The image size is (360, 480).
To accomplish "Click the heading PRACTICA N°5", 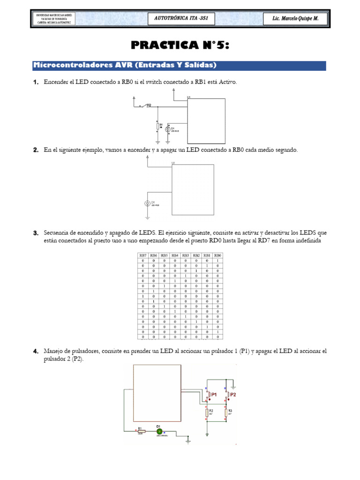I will pos(180,45).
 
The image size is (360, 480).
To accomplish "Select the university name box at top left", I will pos(52,19).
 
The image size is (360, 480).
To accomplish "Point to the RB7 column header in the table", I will pos(142,255).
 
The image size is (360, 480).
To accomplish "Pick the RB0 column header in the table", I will pos(217,255).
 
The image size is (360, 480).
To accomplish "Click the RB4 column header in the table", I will pos(174,255).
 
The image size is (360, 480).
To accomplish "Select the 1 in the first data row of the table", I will pos(217,261).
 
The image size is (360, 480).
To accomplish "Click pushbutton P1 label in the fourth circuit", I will pos(214,395).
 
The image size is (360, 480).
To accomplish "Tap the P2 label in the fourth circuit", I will pos(233,395).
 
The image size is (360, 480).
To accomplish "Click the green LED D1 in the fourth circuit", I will pos(159,431).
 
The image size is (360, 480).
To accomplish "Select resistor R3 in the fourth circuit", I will pos(226,412).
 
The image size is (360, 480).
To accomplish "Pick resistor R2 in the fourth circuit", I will pos(206,412).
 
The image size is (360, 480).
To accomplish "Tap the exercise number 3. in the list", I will pos(36,233).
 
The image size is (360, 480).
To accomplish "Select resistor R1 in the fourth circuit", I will pos(140,431).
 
